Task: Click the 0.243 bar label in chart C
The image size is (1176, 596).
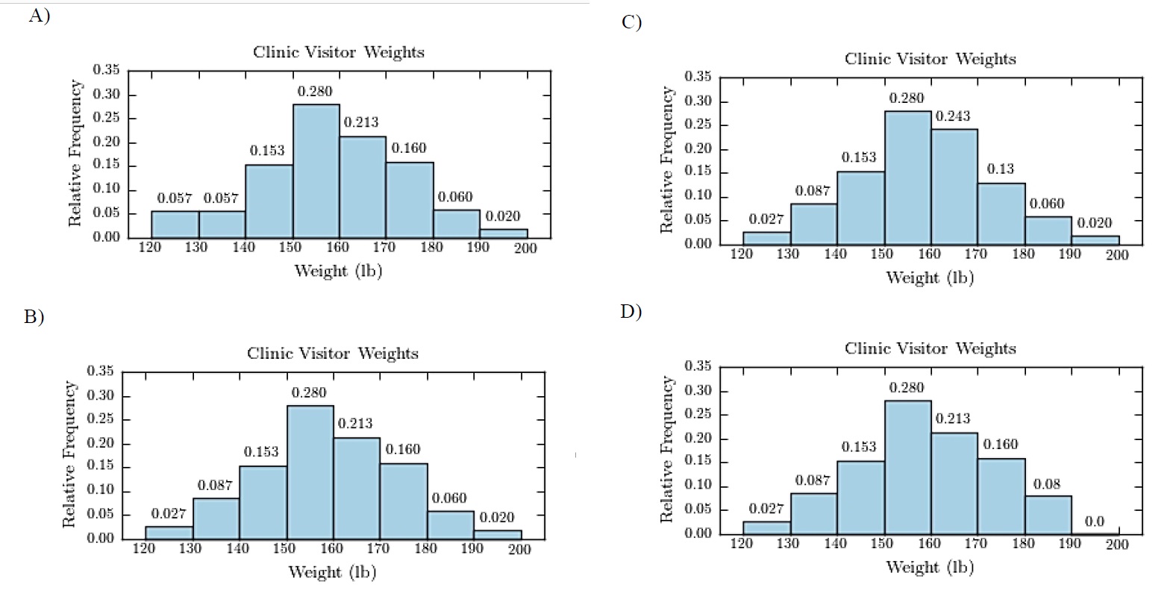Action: pos(953,116)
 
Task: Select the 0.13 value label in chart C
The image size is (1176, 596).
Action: pos(1001,169)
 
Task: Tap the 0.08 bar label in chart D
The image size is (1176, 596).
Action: pos(1047,484)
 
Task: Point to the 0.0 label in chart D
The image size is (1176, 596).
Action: pos(1094,521)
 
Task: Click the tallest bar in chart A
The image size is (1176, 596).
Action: pos(316,171)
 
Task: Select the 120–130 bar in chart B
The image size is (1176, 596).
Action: pos(169,533)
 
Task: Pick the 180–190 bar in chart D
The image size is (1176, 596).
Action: pos(1048,515)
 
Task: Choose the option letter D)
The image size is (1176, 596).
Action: pos(631,311)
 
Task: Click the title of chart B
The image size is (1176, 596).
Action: pos(333,354)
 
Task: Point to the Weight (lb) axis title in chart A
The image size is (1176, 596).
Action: pos(338,271)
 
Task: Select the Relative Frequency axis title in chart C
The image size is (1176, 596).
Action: pos(666,160)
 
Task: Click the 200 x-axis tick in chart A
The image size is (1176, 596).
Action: pos(525,248)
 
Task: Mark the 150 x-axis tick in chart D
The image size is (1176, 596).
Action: pos(882,544)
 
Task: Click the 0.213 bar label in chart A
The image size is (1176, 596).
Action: pos(361,122)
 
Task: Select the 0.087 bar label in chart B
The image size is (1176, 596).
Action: pos(215,486)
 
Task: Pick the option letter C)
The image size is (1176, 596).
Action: pos(631,22)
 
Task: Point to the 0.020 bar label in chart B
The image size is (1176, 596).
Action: pos(496,517)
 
